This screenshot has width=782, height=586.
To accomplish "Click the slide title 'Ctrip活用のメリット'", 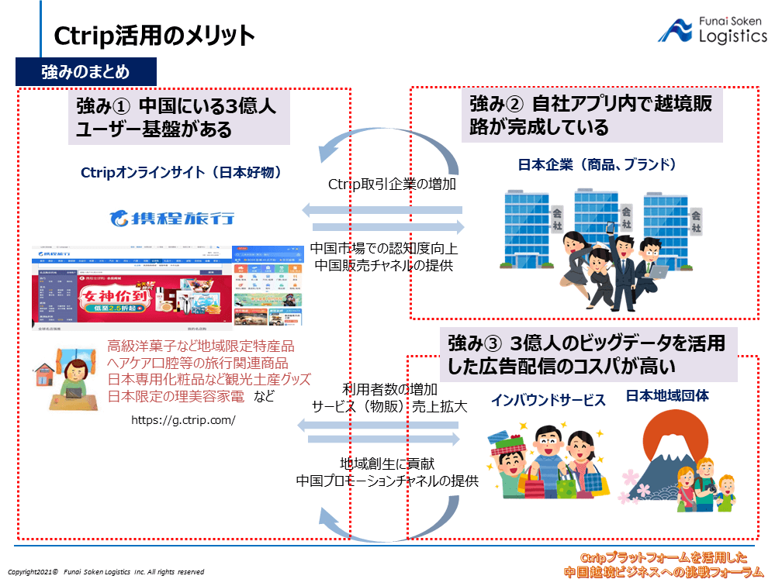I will coord(154,36).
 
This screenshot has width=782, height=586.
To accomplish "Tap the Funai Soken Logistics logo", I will coord(712,29).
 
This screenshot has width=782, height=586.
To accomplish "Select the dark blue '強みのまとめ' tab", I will coord(85,73).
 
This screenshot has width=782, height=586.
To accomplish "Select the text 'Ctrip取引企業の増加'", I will coord(392,184).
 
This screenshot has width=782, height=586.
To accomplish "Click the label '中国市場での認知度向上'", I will coord(384,248).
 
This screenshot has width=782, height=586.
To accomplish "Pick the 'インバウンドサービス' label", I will coord(548,400).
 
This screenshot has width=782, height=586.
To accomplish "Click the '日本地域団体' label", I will coord(667,397).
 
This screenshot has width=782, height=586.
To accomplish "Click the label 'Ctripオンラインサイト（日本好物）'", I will coord(181,173).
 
